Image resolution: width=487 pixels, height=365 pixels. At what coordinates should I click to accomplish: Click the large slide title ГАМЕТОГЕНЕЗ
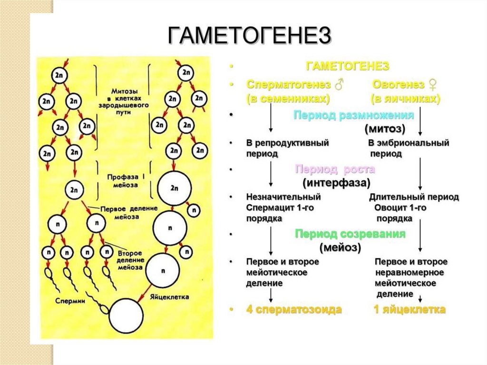pyautogui.click(x=249, y=35)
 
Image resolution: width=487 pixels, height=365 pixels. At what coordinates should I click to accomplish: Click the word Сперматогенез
pyautogui.click(x=288, y=84)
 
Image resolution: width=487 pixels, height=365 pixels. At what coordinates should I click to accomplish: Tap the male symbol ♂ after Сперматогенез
pyautogui.click(x=339, y=85)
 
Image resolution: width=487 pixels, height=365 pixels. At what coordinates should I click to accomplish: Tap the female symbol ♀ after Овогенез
pyautogui.click(x=433, y=85)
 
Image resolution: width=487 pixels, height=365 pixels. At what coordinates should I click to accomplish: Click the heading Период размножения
pyautogui.click(x=353, y=115)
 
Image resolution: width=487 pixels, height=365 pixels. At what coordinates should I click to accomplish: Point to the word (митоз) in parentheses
pyautogui.click(x=385, y=129)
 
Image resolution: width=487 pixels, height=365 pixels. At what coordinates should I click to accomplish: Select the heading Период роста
pyautogui.click(x=335, y=169)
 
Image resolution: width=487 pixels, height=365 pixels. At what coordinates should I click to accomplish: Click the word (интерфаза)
pyautogui.click(x=336, y=182)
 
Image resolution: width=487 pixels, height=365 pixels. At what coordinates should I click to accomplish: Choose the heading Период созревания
pyautogui.click(x=350, y=234)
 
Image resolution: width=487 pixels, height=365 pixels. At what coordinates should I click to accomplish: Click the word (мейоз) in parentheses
pyautogui.click(x=340, y=247)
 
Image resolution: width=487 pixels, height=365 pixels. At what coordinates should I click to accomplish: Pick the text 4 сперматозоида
pyautogui.click(x=294, y=310)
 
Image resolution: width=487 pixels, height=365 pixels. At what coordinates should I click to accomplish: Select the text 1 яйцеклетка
pyautogui.click(x=409, y=310)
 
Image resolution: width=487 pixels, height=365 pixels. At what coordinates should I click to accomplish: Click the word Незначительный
pyautogui.click(x=283, y=197)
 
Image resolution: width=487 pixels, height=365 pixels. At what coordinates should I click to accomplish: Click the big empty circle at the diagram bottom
pyautogui.click(x=126, y=316)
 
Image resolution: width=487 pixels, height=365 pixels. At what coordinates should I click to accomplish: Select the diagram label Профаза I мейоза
pyautogui.click(x=124, y=179)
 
